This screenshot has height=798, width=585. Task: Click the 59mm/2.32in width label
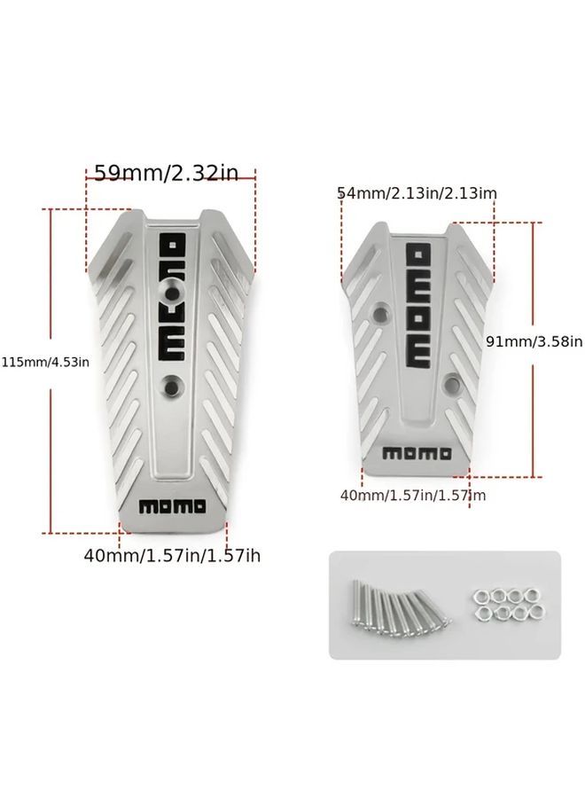pos(167,173)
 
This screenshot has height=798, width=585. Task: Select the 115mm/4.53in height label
pos(45,362)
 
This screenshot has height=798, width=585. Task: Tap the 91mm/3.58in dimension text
pos(534,341)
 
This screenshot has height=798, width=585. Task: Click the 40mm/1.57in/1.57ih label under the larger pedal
pos(172,555)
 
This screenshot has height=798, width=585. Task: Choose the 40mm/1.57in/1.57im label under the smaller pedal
pos(413,495)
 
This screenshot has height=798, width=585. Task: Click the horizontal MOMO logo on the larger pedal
pos(173,506)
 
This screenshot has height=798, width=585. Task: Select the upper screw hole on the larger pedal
pos(173,294)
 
